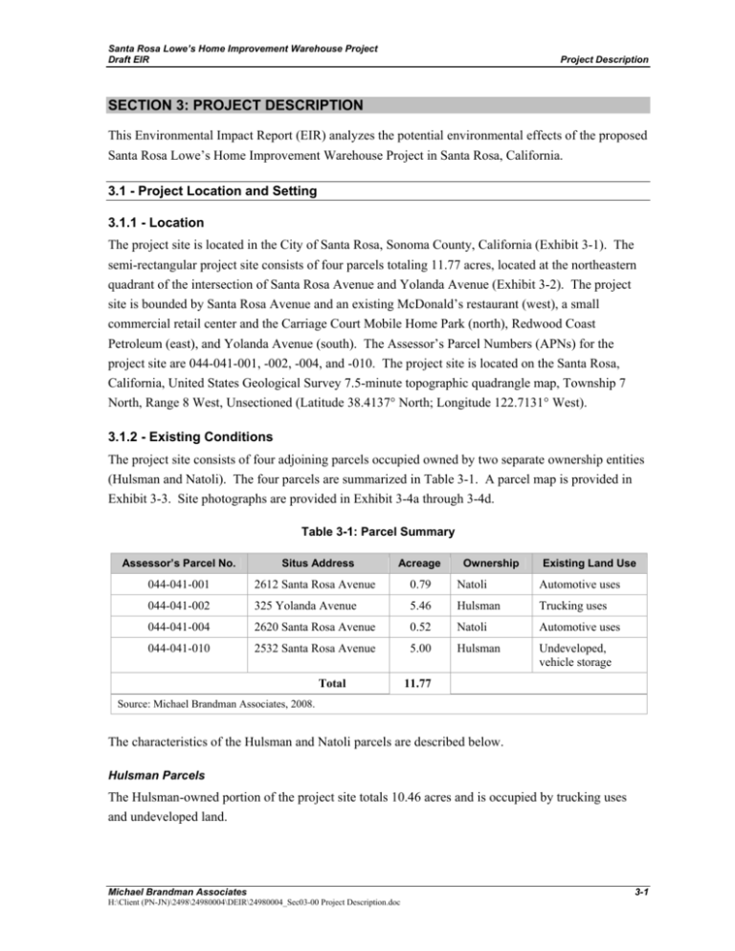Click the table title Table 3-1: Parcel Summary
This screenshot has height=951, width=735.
367,529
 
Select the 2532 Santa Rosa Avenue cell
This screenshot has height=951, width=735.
313,654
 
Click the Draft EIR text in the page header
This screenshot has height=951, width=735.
124,60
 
